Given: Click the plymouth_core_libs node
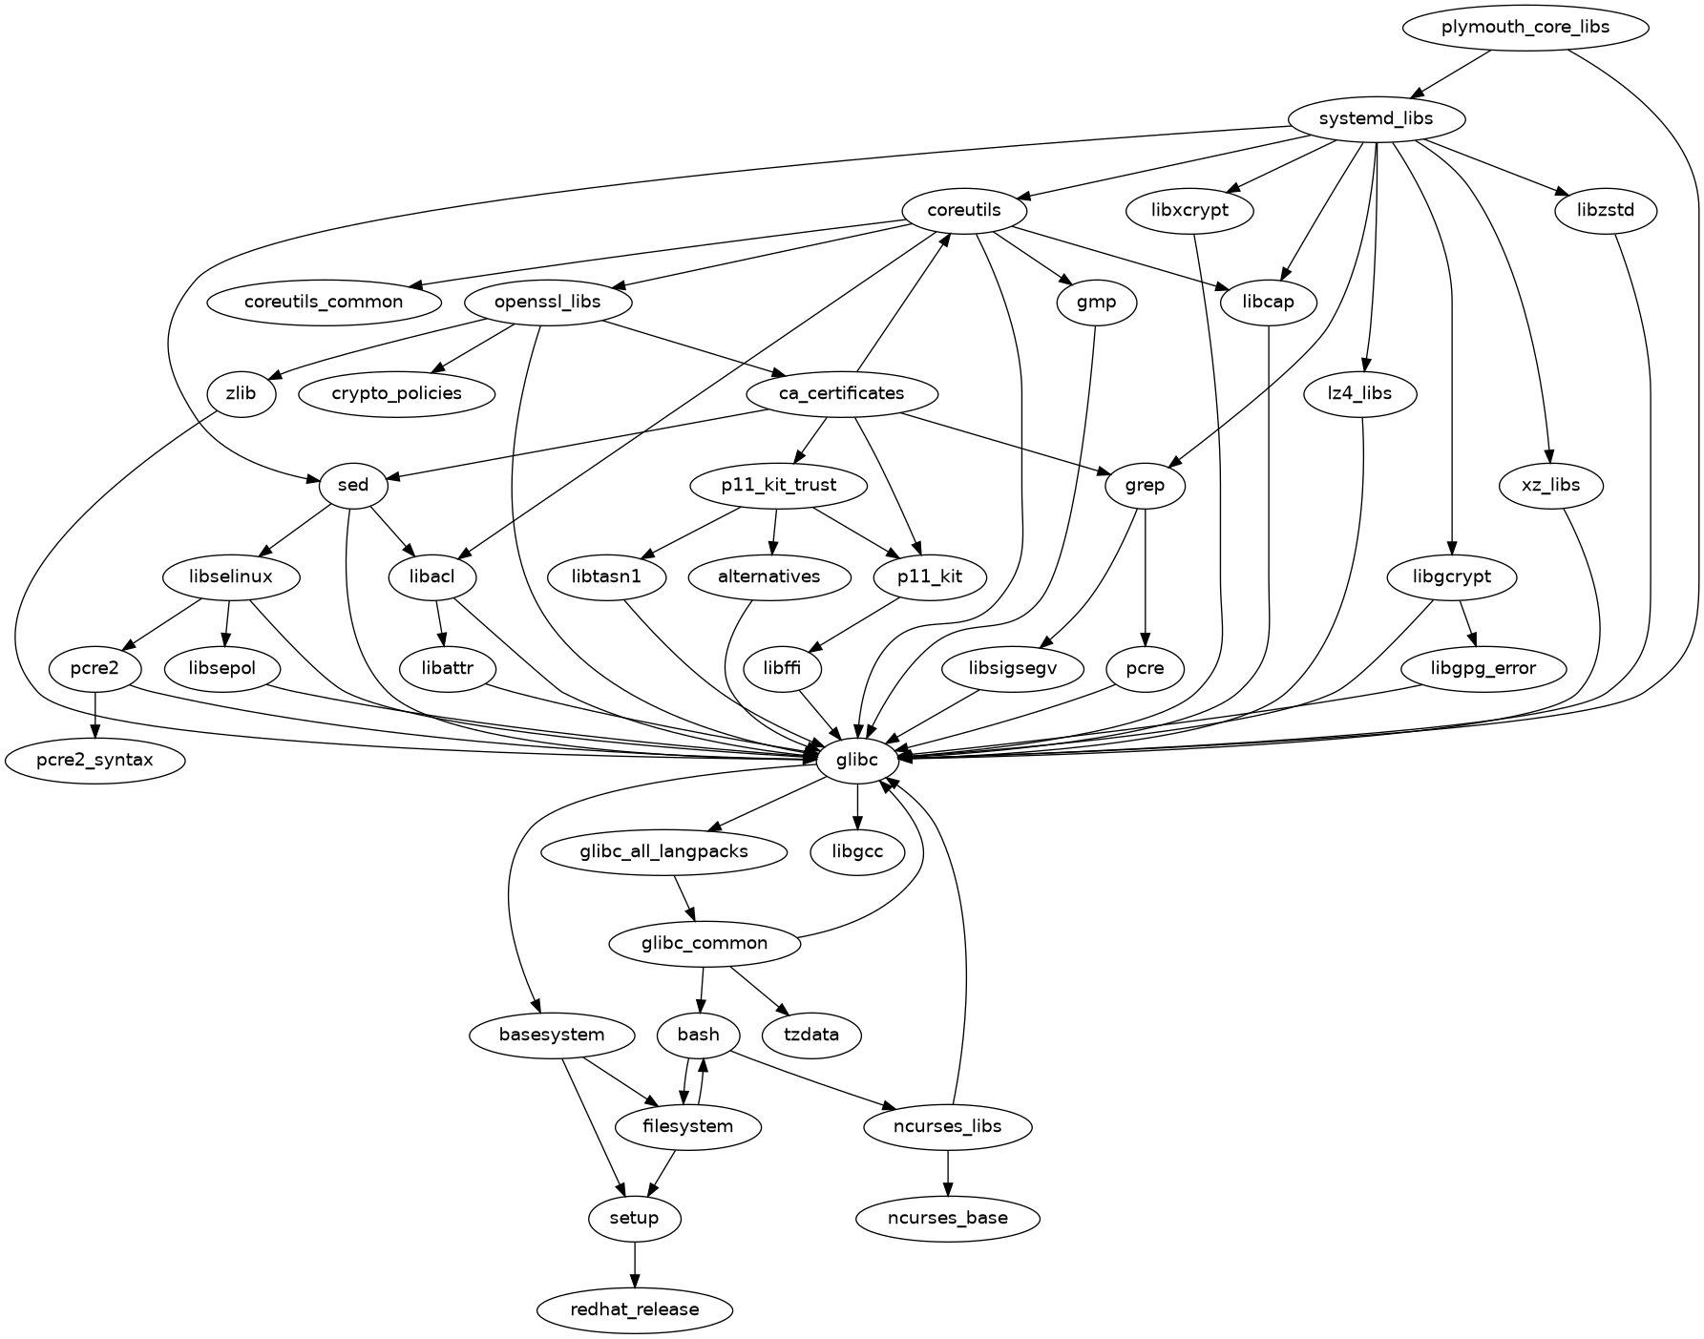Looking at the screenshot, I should click(x=1525, y=27).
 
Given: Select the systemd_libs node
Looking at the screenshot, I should click(x=1375, y=119).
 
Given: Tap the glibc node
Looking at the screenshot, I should click(x=857, y=760).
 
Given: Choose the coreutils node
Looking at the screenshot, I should click(x=964, y=210).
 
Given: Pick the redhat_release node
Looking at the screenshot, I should click(x=635, y=1309).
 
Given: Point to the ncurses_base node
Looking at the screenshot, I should click(x=947, y=1218).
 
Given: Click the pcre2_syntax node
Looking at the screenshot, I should click(x=95, y=760).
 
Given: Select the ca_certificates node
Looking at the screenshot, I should click(x=841, y=393).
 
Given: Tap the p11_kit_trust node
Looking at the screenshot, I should click(x=778, y=485).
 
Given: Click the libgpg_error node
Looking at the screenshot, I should click(x=1483, y=668).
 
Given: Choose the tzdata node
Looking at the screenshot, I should click(x=811, y=1035).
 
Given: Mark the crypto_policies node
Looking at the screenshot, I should click(x=397, y=393).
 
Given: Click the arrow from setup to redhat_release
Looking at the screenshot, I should click(x=635, y=1264).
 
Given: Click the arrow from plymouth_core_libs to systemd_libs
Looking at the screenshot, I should click(x=1450, y=73).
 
